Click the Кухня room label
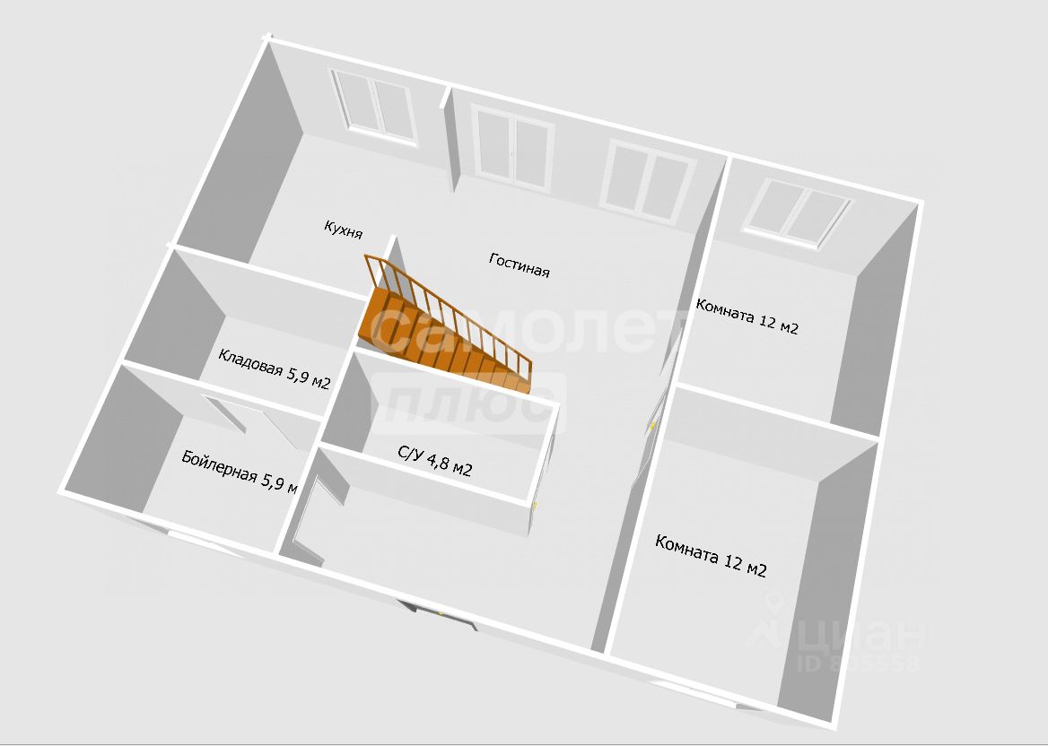point(343,229)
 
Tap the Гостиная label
point(519,265)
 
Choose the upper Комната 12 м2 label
point(747,316)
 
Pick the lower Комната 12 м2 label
point(711,556)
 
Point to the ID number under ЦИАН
point(859,664)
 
